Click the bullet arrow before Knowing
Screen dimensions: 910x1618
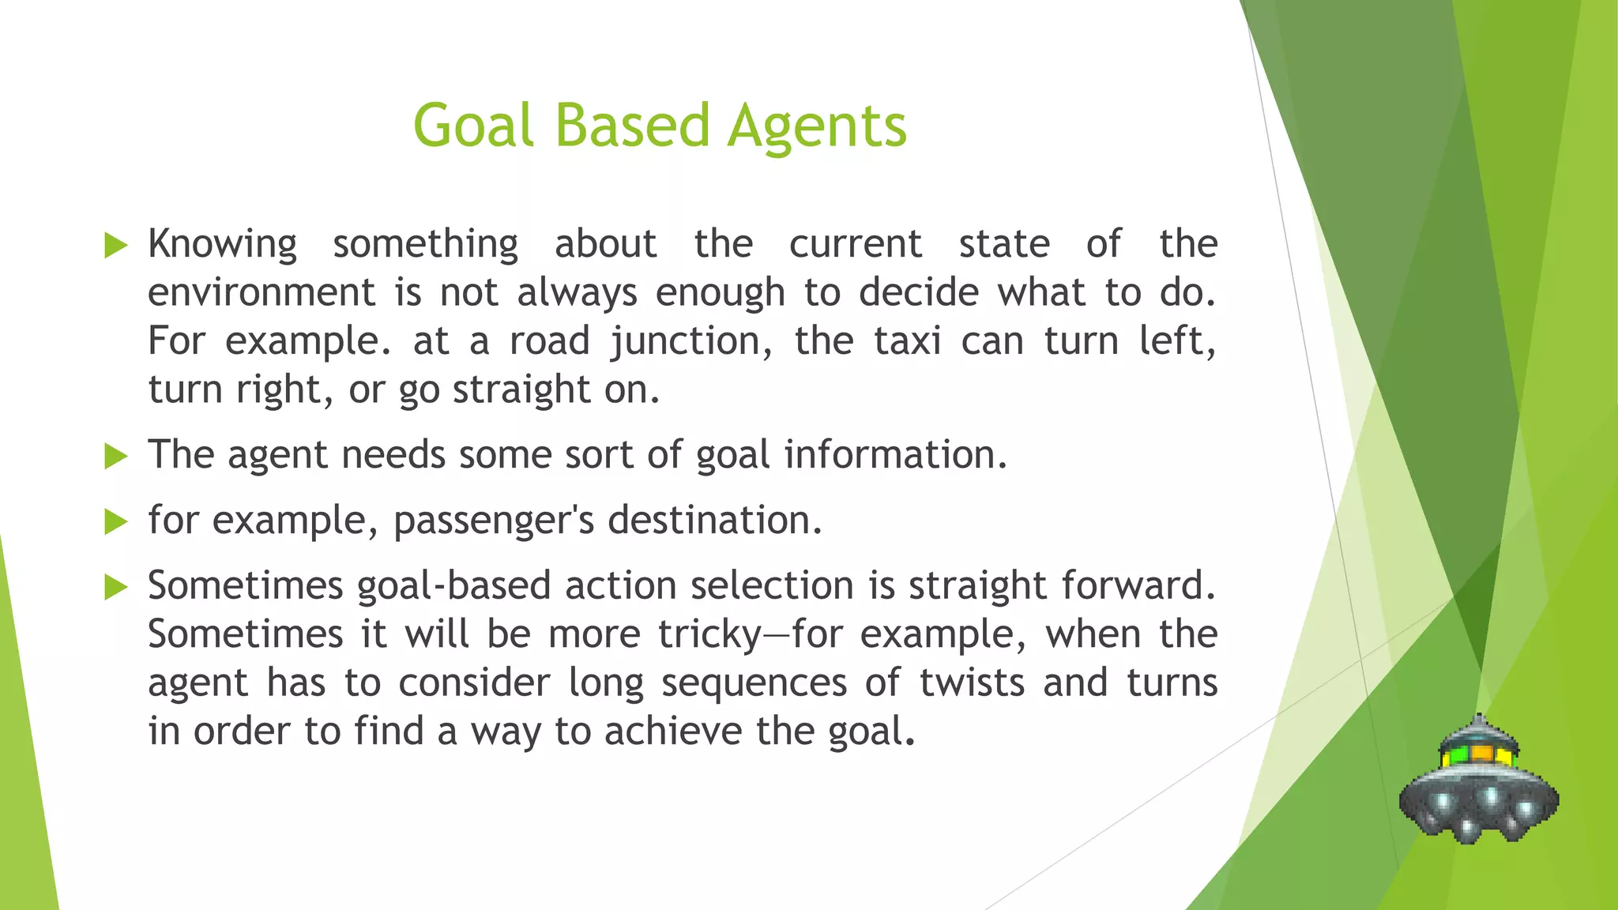pos(115,246)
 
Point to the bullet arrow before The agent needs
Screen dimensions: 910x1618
pos(115,456)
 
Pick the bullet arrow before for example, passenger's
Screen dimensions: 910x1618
pos(115,521)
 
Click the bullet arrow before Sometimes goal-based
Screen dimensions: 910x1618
pos(115,587)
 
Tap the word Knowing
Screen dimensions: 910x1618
pos(222,245)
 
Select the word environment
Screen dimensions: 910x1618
pos(261,293)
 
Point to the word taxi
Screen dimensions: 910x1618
pos(908,341)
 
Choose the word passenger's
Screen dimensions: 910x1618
pos(493,521)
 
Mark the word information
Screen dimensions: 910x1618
pos(895,456)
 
